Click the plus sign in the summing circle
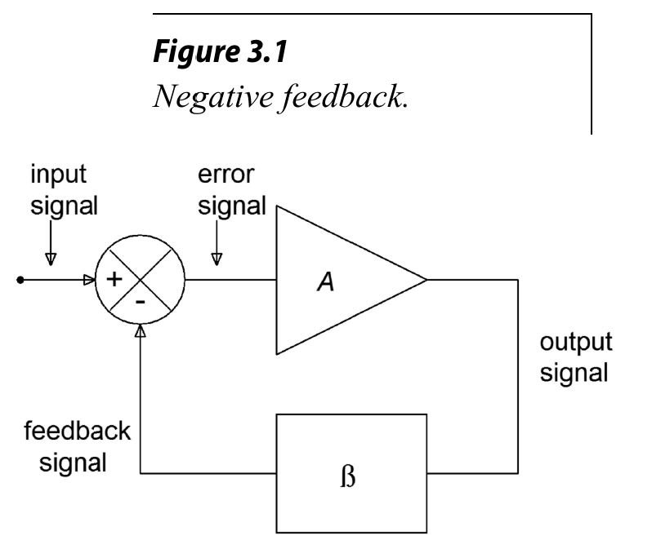tap(116, 279)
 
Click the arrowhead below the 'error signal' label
tap(217, 259)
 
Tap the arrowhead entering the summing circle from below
tap(143, 331)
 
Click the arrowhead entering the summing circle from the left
tap(88, 280)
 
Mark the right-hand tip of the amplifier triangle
tap(426, 280)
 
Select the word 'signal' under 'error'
tap(237, 206)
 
